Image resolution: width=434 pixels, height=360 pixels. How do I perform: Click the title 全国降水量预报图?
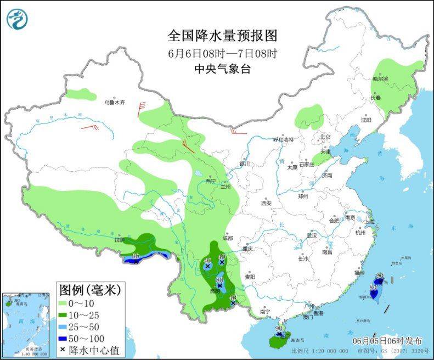pyautogui.click(x=222, y=36)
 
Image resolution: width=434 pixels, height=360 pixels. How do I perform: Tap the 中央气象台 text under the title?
pyautogui.click(x=222, y=69)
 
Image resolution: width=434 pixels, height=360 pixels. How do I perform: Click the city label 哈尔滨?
pyautogui.click(x=380, y=79)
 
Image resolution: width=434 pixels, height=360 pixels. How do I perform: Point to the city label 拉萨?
pyautogui.click(x=119, y=240)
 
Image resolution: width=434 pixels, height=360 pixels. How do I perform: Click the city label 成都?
pyautogui.click(x=228, y=238)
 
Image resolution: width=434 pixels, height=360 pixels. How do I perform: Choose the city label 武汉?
pyautogui.click(x=312, y=234)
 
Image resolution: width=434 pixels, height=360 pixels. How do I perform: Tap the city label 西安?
pyautogui.click(x=266, y=203)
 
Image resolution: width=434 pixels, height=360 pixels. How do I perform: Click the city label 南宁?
pyautogui.click(x=265, y=312)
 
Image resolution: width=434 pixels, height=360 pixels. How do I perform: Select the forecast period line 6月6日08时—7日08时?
pyautogui.click(x=222, y=53)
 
